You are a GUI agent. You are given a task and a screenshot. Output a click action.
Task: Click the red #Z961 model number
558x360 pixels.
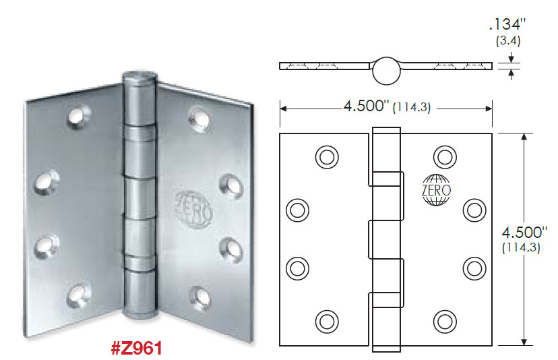(x=136, y=349)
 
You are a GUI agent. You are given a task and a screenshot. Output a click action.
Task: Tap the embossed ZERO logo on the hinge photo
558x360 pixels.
(x=195, y=206)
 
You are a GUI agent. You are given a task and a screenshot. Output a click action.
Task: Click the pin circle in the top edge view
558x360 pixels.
(x=385, y=69)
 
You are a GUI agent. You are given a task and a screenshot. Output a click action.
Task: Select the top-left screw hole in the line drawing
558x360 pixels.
(x=326, y=156)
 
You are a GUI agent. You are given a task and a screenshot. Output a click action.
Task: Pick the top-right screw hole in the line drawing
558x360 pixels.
(x=444, y=156)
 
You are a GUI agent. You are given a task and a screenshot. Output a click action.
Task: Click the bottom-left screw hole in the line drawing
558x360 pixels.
(x=326, y=320)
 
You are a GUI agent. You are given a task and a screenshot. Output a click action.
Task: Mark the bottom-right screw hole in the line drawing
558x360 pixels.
(x=444, y=320)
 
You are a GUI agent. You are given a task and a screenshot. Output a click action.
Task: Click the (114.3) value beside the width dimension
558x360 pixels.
(x=414, y=107)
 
